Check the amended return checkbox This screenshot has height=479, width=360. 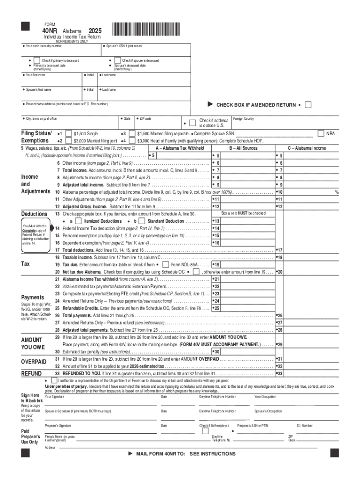pos(308,105)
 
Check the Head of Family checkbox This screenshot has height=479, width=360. pos(132,141)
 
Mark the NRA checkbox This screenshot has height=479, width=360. pos(321,134)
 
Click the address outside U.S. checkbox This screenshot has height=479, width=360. pos(194,123)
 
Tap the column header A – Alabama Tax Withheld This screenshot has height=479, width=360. pos(180,148)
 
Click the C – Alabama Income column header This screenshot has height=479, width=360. pos(307,148)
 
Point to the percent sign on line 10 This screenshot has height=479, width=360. pos(336,192)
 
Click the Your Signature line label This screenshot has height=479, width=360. pos(54,397)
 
